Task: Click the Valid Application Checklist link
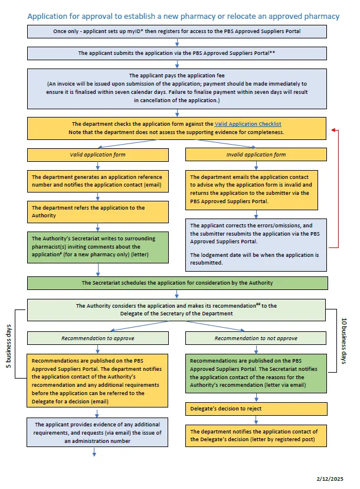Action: click(248, 124)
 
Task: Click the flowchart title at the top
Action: click(184, 16)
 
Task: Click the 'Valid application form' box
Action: click(97, 155)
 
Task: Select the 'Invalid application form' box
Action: click(256, 155)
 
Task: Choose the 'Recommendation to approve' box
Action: click(97, 338)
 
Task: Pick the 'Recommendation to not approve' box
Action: click(256, 338)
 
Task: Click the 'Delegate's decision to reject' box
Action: click(256, 408)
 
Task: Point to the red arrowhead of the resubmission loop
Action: click(334, 129)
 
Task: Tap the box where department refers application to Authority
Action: click(97, 211)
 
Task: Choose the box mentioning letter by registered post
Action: click(256, 435)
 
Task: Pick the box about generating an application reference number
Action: click(97, 181)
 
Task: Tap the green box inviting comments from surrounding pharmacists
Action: click(97, 247)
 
